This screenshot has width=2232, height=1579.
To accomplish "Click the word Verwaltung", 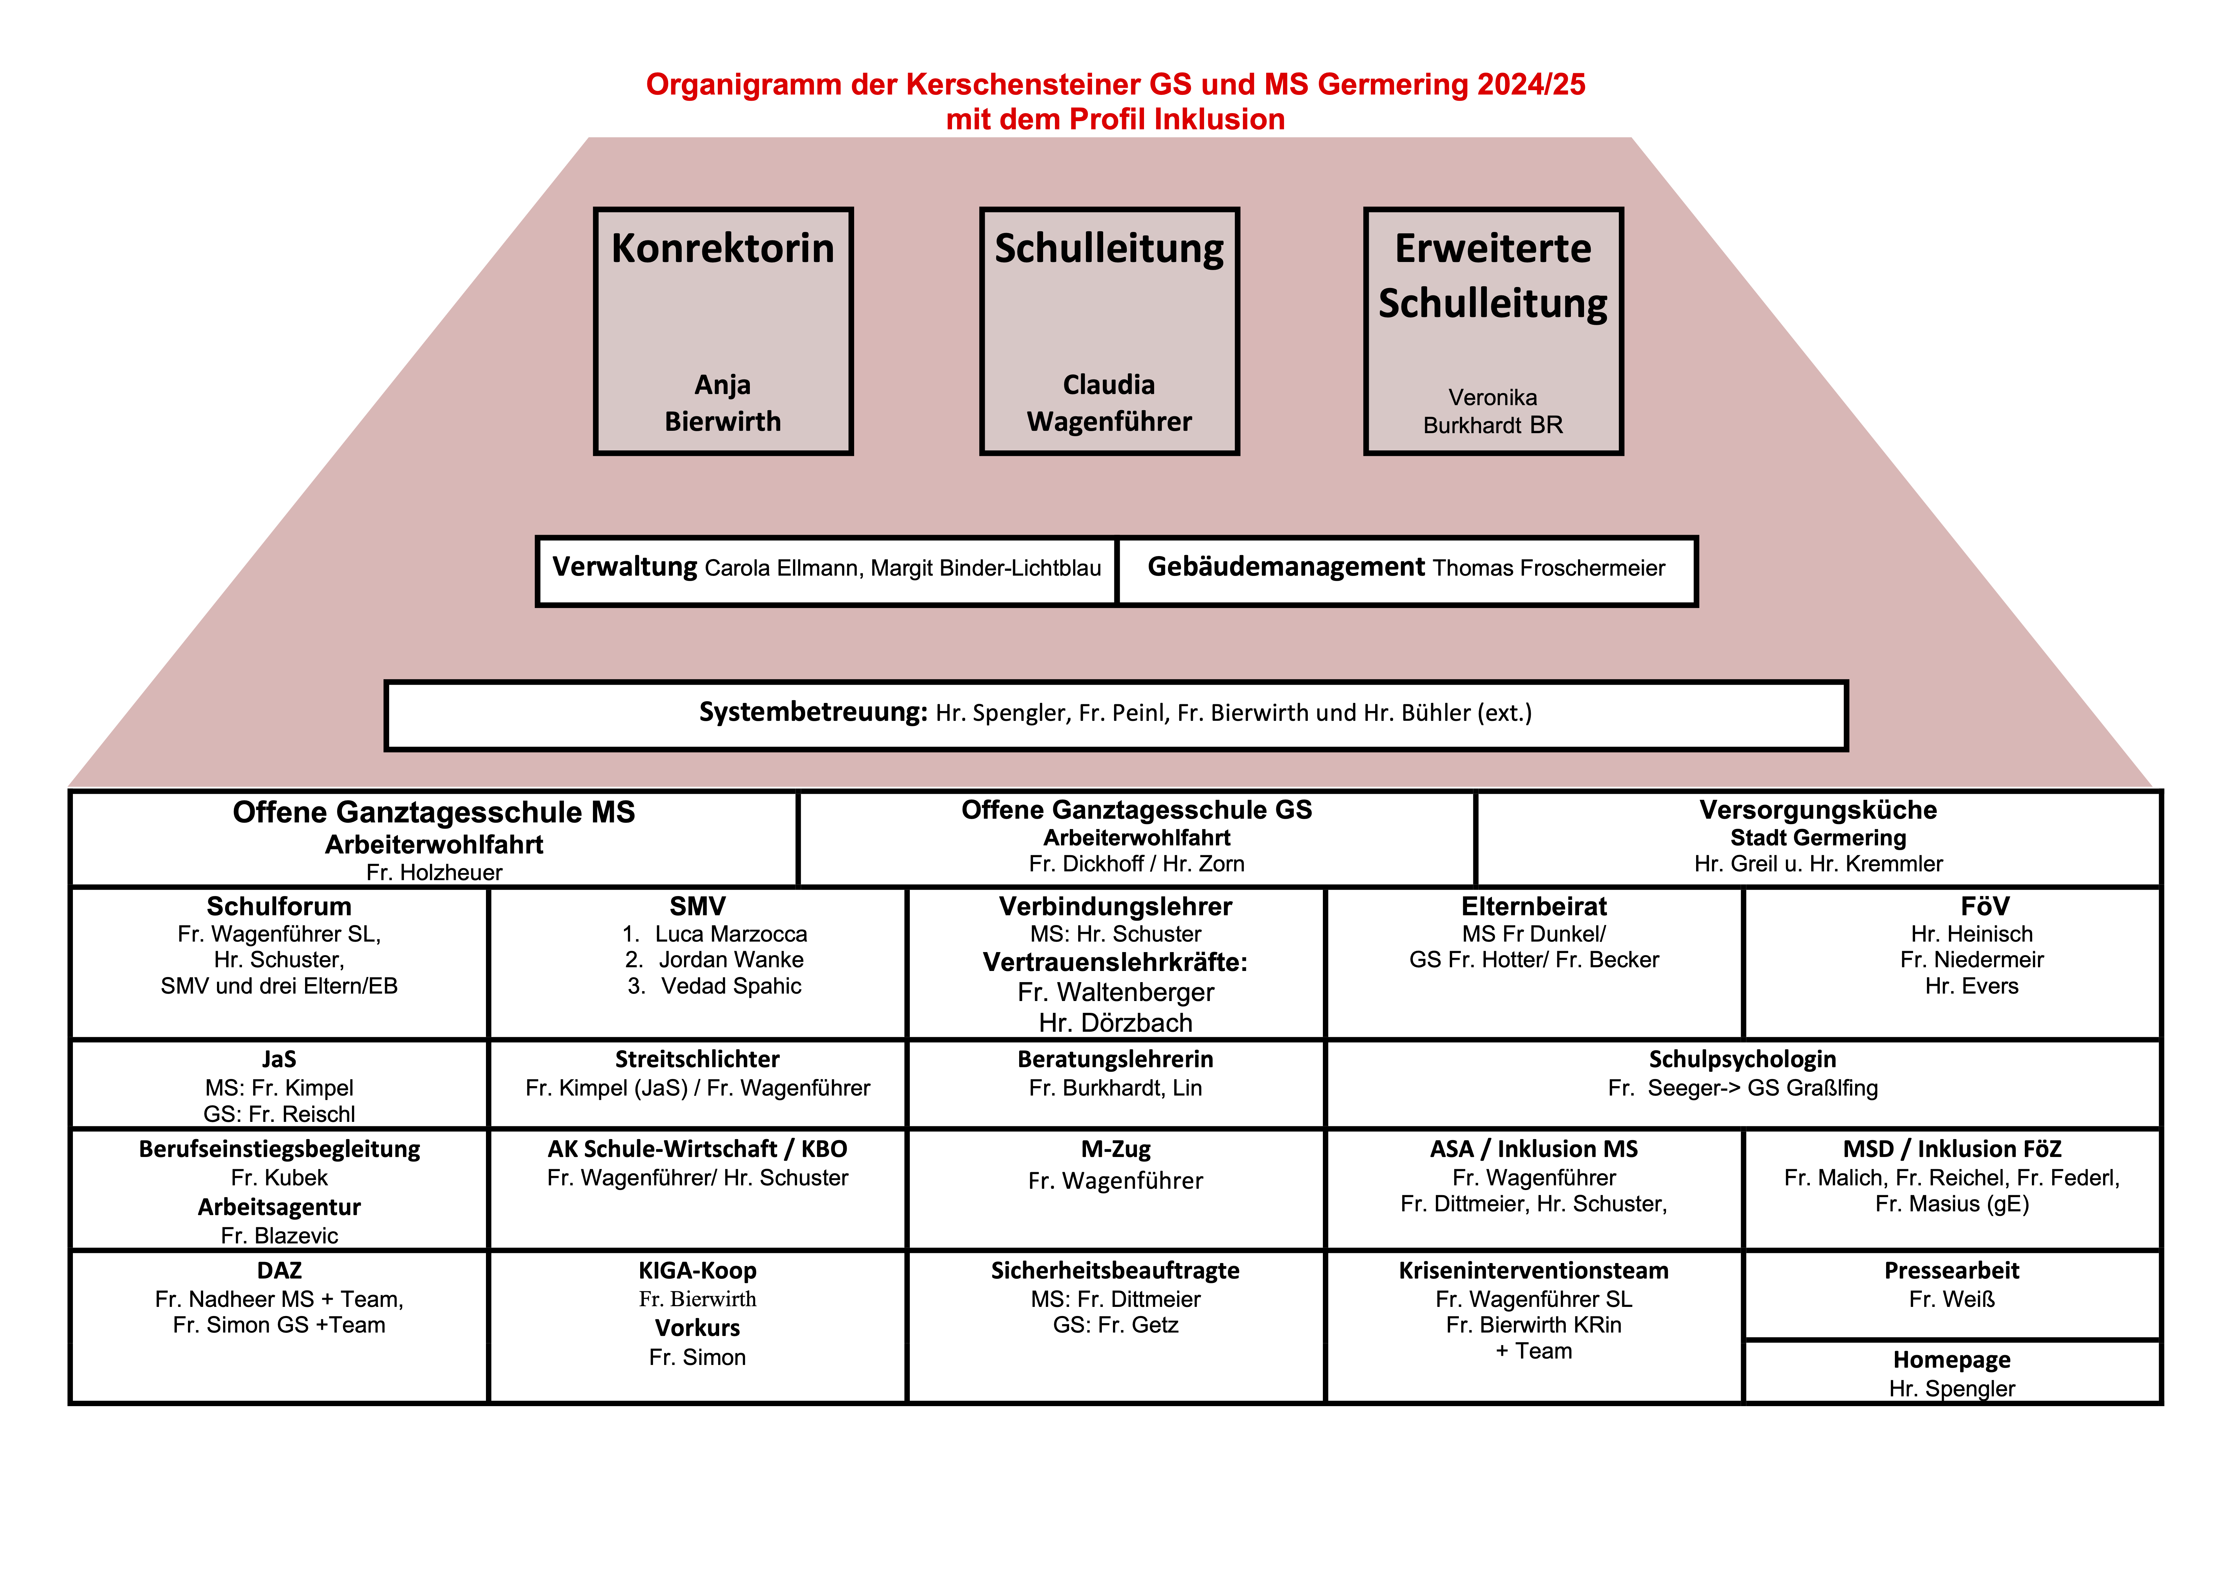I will point(625,567).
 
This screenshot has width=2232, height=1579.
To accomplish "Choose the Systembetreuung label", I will point(813,713).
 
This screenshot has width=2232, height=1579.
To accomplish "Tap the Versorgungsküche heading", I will point(1818,810).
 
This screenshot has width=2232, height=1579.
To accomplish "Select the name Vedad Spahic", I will point(731,986).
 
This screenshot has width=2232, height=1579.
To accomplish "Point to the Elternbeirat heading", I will point(1534,906).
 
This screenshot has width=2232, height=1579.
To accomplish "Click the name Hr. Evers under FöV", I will point(1971,986).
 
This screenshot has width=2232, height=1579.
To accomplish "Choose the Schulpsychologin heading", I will point(1742,1059).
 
